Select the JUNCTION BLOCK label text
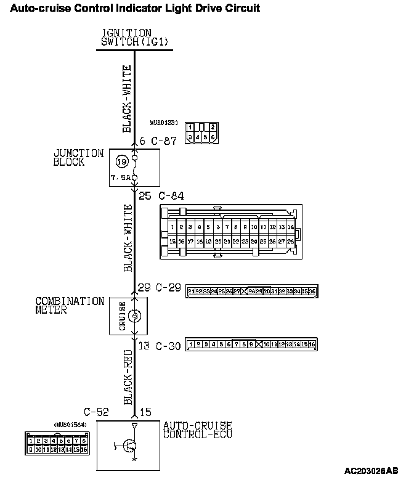click(78, 158)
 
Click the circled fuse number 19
click(121, 162)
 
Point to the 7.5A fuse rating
click(121, 176)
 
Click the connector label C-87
click(164, 141)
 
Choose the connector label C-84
click(171, 196)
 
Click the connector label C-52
click(96, 412)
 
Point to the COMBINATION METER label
click(70, 306)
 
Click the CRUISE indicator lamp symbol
click(135, 316)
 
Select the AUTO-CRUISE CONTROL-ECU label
click(197, 430)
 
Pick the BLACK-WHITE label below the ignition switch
click(126, 99)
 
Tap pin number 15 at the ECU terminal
click(145, 412)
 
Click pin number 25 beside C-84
click(145, 196)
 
